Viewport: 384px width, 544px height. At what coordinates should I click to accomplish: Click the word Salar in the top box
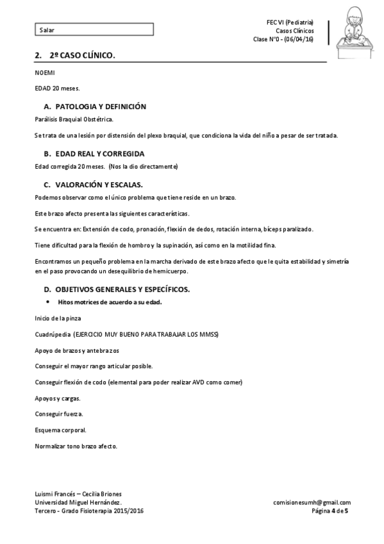46,30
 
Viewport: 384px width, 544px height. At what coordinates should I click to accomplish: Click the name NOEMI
44,73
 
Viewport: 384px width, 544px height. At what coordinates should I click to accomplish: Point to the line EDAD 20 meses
58,89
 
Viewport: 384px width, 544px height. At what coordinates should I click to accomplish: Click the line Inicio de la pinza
58,318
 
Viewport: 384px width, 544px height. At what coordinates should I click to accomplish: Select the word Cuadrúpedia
52,334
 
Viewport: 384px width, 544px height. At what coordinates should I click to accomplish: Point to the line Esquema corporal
60,430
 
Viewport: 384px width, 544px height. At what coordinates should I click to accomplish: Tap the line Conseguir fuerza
58,414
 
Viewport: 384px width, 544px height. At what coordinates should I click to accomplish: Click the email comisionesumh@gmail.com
312,502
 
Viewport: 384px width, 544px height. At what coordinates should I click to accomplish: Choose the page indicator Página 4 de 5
330,511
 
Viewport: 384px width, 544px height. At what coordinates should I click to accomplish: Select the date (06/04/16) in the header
299,39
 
